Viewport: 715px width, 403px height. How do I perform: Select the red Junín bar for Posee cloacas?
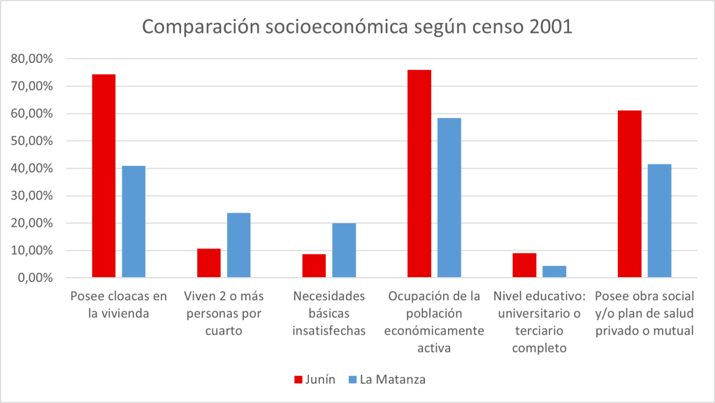pyautogui.click(x=103, y=176)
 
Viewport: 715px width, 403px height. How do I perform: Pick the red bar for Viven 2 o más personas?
pyautogui.click(x=209, y=263)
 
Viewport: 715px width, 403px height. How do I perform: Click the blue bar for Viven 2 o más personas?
pyautogui.click(x=239, y=245)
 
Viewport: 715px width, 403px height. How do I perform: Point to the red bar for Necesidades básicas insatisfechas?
pyautogui.click(x=314, y=266)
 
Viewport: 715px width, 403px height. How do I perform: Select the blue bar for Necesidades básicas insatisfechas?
pyautogui.click(x=344, y=250)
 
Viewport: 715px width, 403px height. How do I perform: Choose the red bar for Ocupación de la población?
pyautogui.click(x=419, y=174)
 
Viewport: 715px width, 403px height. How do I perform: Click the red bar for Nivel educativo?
pyautogui.click(x=524, y=265)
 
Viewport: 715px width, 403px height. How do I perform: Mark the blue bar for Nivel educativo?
pyautogui.click(x=554, y=271)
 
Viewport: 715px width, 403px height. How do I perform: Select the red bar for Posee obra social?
pyautogui.click(x=630, y=194)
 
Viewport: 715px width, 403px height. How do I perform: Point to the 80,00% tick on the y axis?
pyautogui.click(x=32, y=59)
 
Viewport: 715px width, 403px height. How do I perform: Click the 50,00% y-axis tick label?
pyautogui.click(x=32, y=141)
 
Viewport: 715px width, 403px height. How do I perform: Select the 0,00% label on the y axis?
pyautogui.click(x=35, y=278)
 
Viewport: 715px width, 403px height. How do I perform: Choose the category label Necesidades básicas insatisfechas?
pyautogui.click(x=329, y=313)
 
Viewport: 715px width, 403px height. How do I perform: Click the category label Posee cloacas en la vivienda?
pyautogui.click(x=110, y=305)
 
